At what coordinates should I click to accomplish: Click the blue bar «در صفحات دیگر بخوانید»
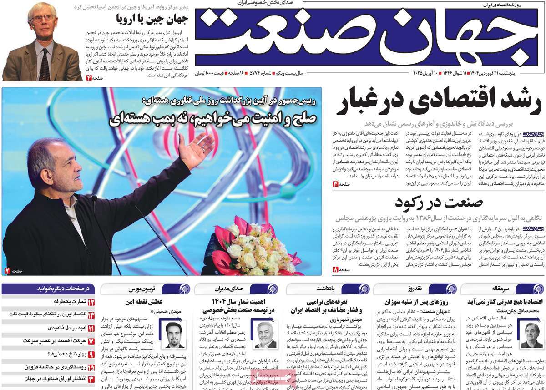[48, 288]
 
